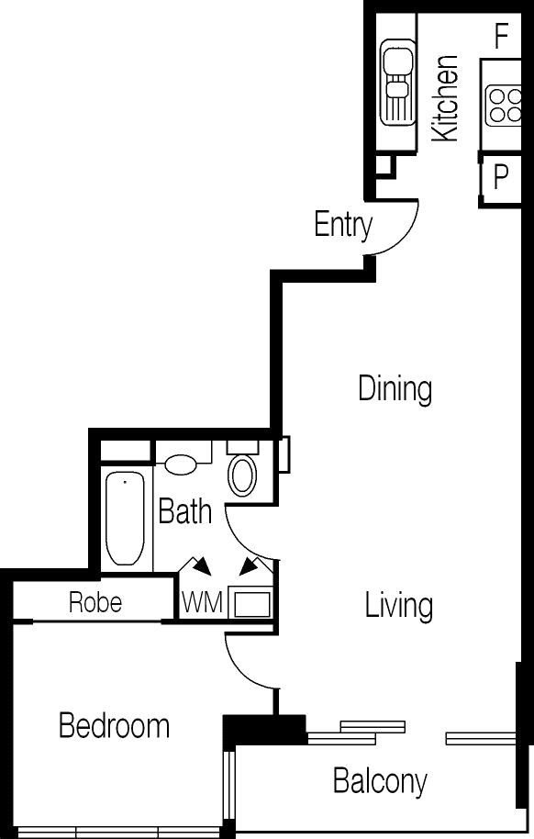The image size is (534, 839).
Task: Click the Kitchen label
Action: point(445,98)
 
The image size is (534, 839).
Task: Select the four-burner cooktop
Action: point(504,105)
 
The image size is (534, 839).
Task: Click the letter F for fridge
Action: point(501,37)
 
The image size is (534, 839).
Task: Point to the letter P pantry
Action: point(500,176)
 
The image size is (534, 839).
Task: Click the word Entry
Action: point(343,225)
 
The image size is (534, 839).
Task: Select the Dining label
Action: point(395,389)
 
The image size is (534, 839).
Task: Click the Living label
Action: point(398,605)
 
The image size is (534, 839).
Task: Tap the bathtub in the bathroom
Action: point(125,518)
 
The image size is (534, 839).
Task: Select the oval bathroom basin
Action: point(181,464)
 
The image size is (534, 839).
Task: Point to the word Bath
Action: point(185,511)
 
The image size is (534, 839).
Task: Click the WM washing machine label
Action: point(202,602)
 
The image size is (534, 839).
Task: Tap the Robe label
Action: point(95,602)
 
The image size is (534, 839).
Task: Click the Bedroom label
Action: point(114,726)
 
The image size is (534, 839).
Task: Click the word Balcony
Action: point(380,782)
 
